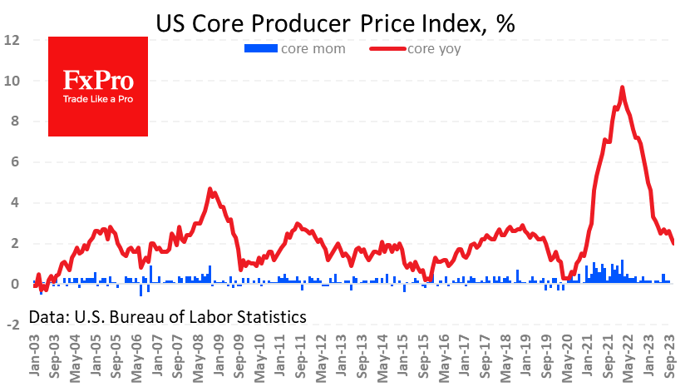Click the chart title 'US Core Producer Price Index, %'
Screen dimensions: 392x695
click(336, 23)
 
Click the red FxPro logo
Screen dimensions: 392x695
click(98, 87)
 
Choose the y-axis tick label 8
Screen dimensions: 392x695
click(14, 122)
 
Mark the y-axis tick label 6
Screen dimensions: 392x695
click(14, 162)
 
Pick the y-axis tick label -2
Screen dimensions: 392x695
click(12, 325)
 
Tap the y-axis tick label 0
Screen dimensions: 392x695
click(14, 285)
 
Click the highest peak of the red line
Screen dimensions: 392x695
click(623, 87)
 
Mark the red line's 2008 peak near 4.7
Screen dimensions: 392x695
click(209, 189)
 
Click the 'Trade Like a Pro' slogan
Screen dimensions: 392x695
click(98, 100)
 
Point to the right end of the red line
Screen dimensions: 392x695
click(673, 243)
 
